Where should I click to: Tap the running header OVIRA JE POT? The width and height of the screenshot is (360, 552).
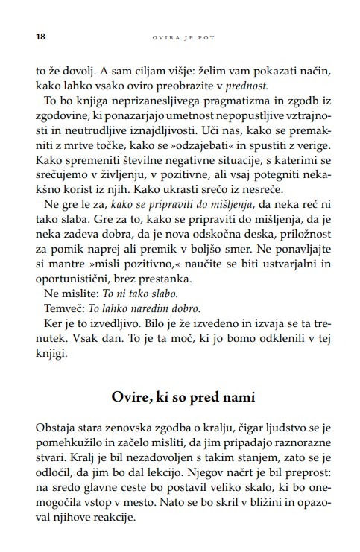(180, 35)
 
